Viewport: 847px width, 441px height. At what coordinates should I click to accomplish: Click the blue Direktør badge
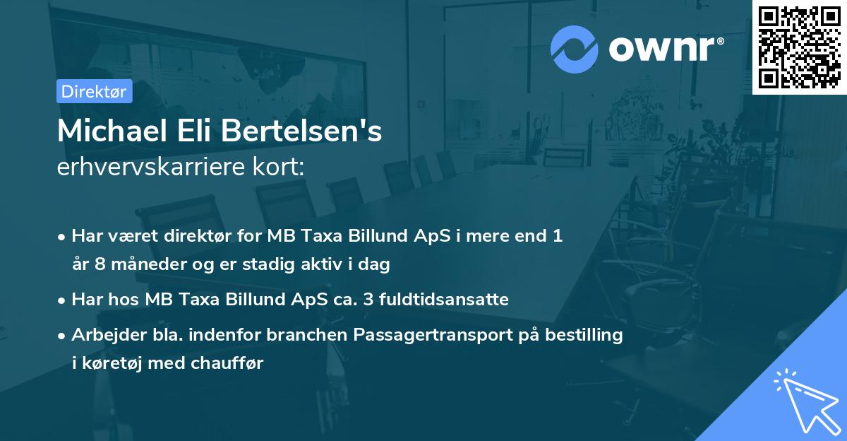pos(94,91)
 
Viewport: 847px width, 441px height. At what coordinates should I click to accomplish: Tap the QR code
pos(800,47)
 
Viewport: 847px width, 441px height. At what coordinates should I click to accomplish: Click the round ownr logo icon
pos(575,49)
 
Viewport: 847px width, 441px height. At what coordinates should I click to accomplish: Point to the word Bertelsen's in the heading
pos(304,132)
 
